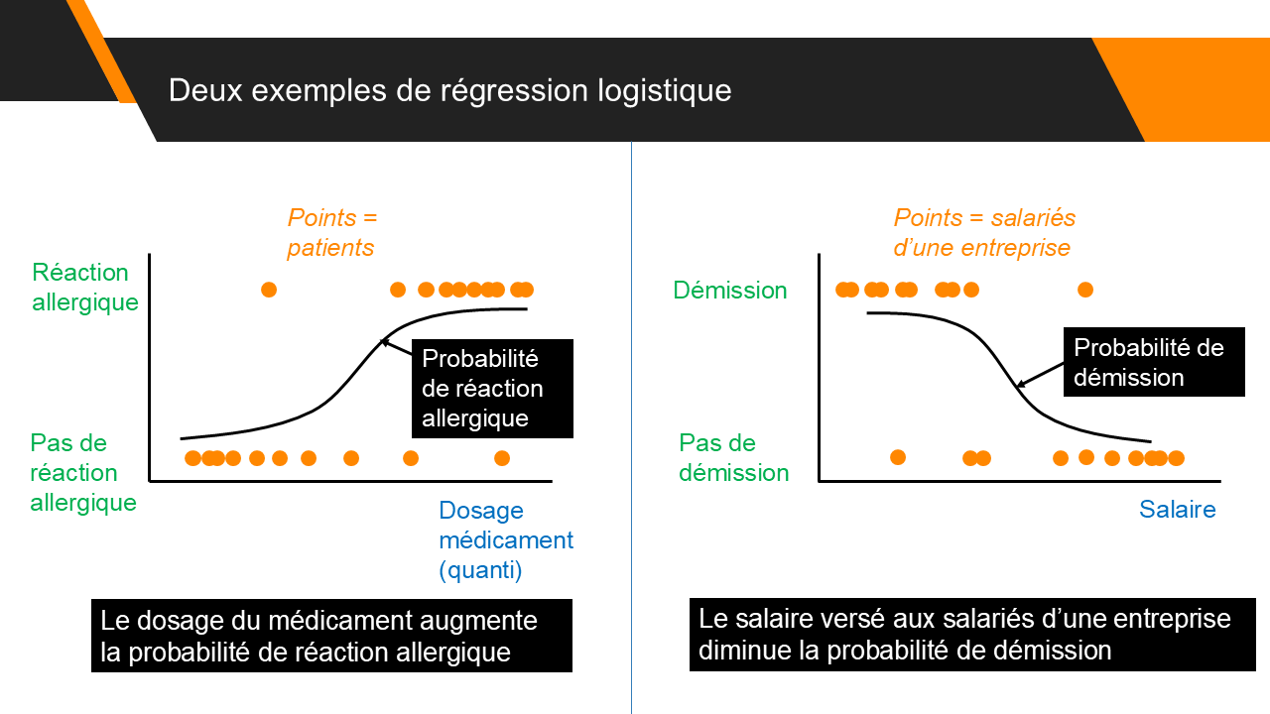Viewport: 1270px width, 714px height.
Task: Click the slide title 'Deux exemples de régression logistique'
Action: click(x=449, y=90)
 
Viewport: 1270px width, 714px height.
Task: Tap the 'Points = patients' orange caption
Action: click(x=332, y=232)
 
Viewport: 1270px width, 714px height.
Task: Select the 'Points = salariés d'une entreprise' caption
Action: click(x=983, y=232)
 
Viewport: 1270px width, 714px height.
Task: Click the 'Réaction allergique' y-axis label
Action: click(x=84, y=287)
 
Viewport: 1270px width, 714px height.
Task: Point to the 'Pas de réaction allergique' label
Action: click(x=82, y=472)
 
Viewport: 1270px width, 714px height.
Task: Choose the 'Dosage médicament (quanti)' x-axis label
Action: click(x=505, y=540)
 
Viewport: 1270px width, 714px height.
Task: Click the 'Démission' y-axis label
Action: click(x=729, y=291)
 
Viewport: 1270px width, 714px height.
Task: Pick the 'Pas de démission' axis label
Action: click(x=733, y=457)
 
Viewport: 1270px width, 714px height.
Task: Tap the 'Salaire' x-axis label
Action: click(x=1177, y=510)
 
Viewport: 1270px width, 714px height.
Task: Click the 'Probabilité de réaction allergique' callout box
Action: click(x=492, y=388)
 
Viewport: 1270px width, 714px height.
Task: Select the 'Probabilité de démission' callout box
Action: click(x=1154, y=362)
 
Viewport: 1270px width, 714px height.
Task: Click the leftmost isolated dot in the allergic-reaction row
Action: click(x=268, y=290)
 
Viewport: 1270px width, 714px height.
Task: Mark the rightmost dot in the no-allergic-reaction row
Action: click(x=502, y=458)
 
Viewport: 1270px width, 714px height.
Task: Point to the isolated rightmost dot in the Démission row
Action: click(x=1085, y=290)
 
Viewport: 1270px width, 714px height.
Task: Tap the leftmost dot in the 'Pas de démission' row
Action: click(x=898, y=457)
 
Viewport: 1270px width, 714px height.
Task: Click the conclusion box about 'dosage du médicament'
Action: click(x=331, y=636)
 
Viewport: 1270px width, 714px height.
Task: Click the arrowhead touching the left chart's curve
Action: click(x=384, y=342)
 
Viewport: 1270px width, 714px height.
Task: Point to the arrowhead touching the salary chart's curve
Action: click(x=1018, y=384)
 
